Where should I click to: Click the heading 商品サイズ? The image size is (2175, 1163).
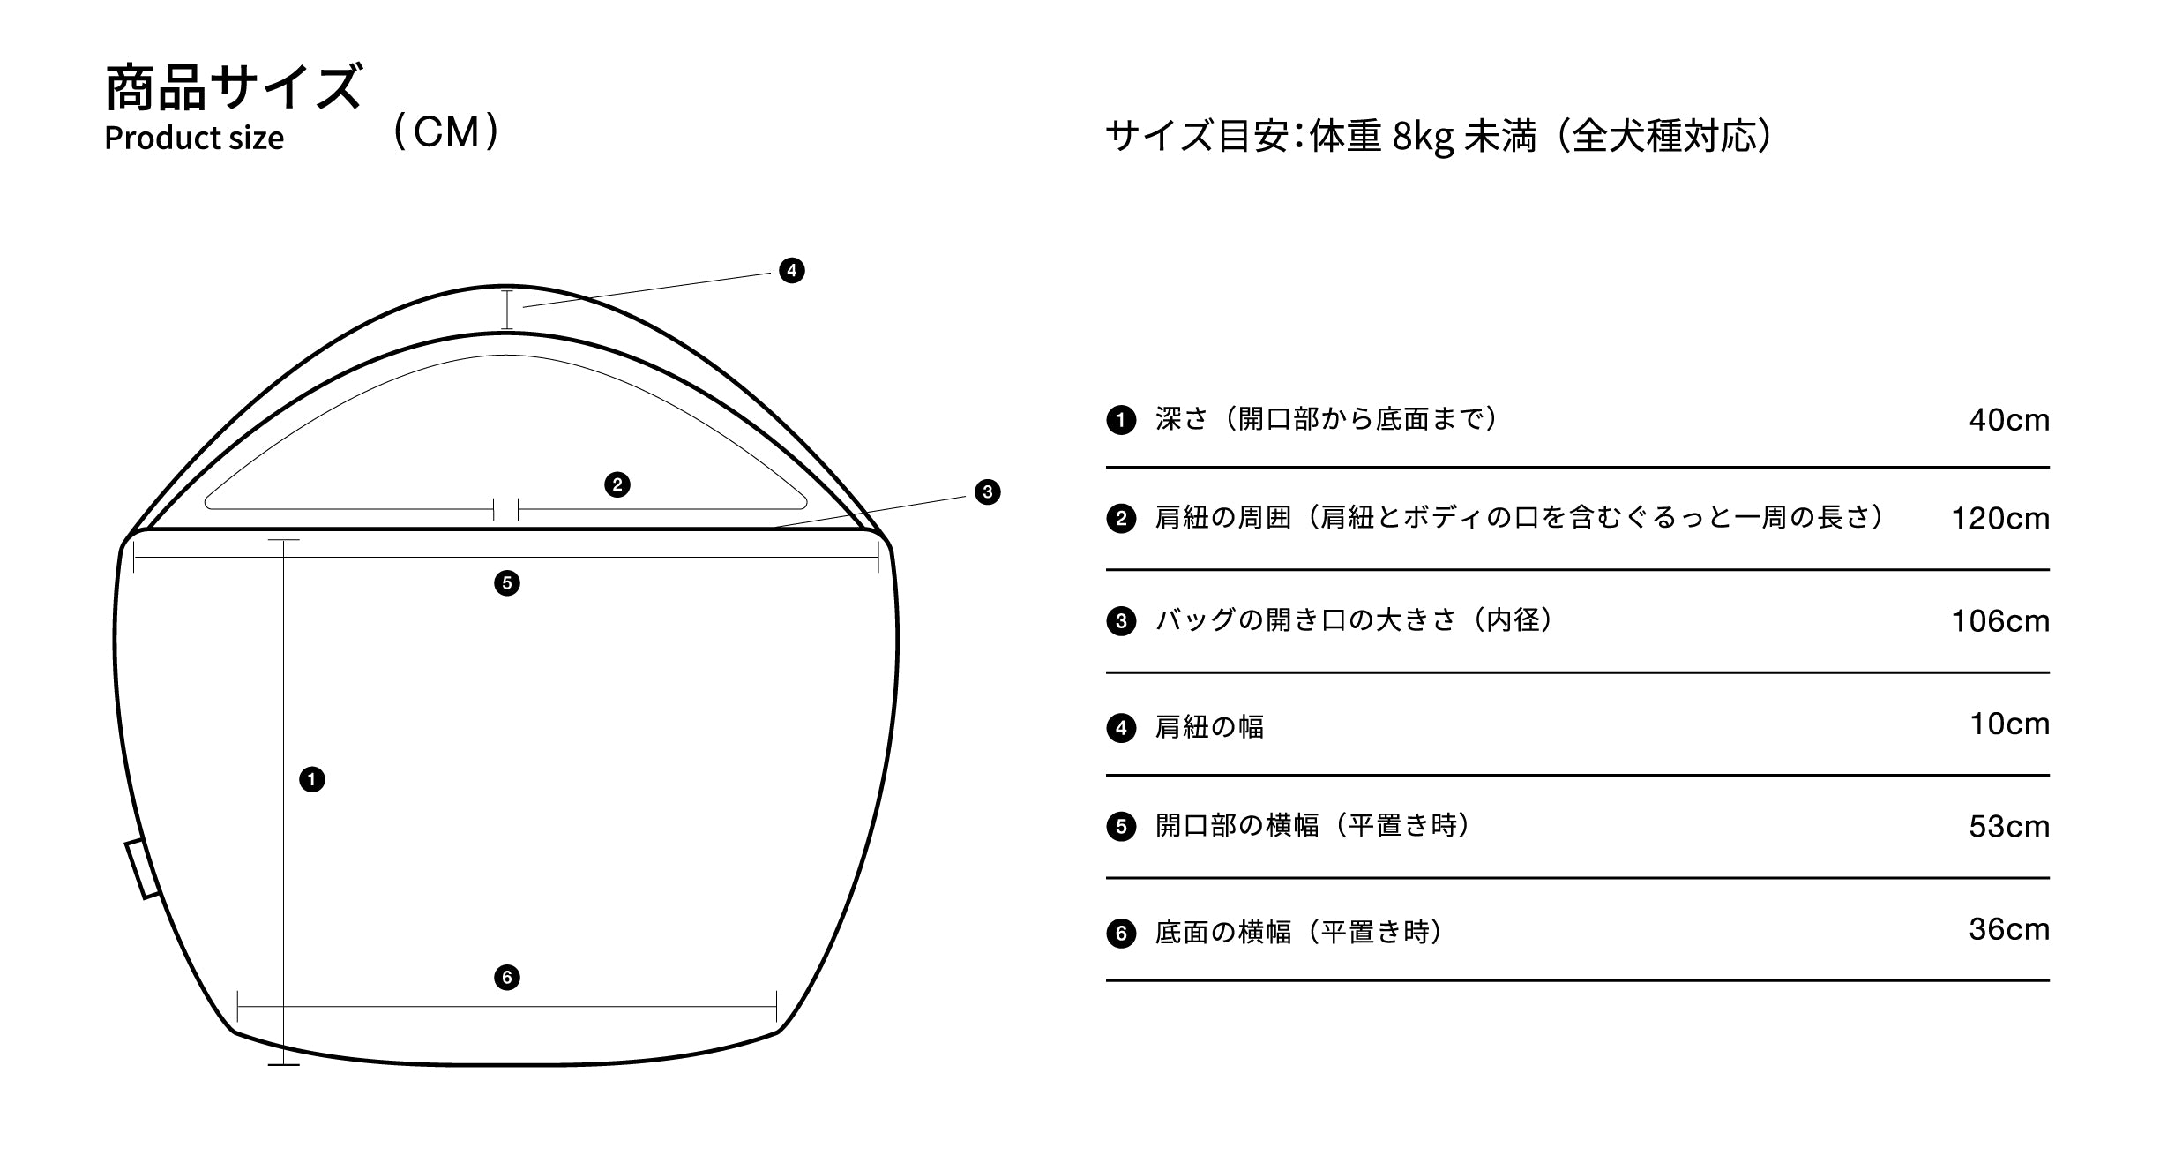[x=233, y=87]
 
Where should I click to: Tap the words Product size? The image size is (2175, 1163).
[x=194, y=139]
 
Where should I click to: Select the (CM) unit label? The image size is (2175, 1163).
[x=446, y=132]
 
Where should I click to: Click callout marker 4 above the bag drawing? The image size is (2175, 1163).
[x=791, y=270]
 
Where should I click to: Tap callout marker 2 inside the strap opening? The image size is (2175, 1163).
[x=617, y=484]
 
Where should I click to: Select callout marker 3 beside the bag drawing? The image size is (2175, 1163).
[x=987, y=491]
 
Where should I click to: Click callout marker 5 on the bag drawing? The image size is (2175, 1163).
[x=506, y=583]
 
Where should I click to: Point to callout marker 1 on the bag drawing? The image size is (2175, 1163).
[x=311, y=779]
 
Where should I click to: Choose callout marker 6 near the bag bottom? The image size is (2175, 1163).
[x=506, y=977]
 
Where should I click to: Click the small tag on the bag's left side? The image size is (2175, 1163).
[x=142, y=869]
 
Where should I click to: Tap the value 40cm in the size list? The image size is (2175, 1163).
[x=2008, y=420]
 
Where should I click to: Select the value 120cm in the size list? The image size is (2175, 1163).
[x=1999, y=519]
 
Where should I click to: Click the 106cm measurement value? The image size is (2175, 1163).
[x=1999, y=621]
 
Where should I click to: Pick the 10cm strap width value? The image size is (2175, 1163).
[x=2009, y=724]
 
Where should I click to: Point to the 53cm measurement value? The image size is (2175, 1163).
[x=2008, y=827]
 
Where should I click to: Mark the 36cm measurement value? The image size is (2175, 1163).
[x=2008, y=929]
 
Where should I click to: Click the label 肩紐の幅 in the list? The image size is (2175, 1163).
[x=1209, y=727]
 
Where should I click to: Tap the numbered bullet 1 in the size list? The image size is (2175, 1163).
[x=1120, y=420]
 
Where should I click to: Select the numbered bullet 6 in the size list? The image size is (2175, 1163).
[x=1120, y=934]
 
